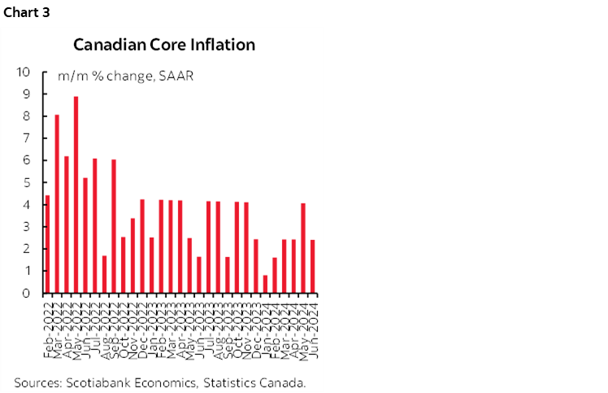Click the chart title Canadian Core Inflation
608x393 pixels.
164,45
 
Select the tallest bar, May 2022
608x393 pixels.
76,195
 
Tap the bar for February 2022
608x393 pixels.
47,244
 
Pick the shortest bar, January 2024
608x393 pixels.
266,284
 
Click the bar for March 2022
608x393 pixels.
57,203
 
